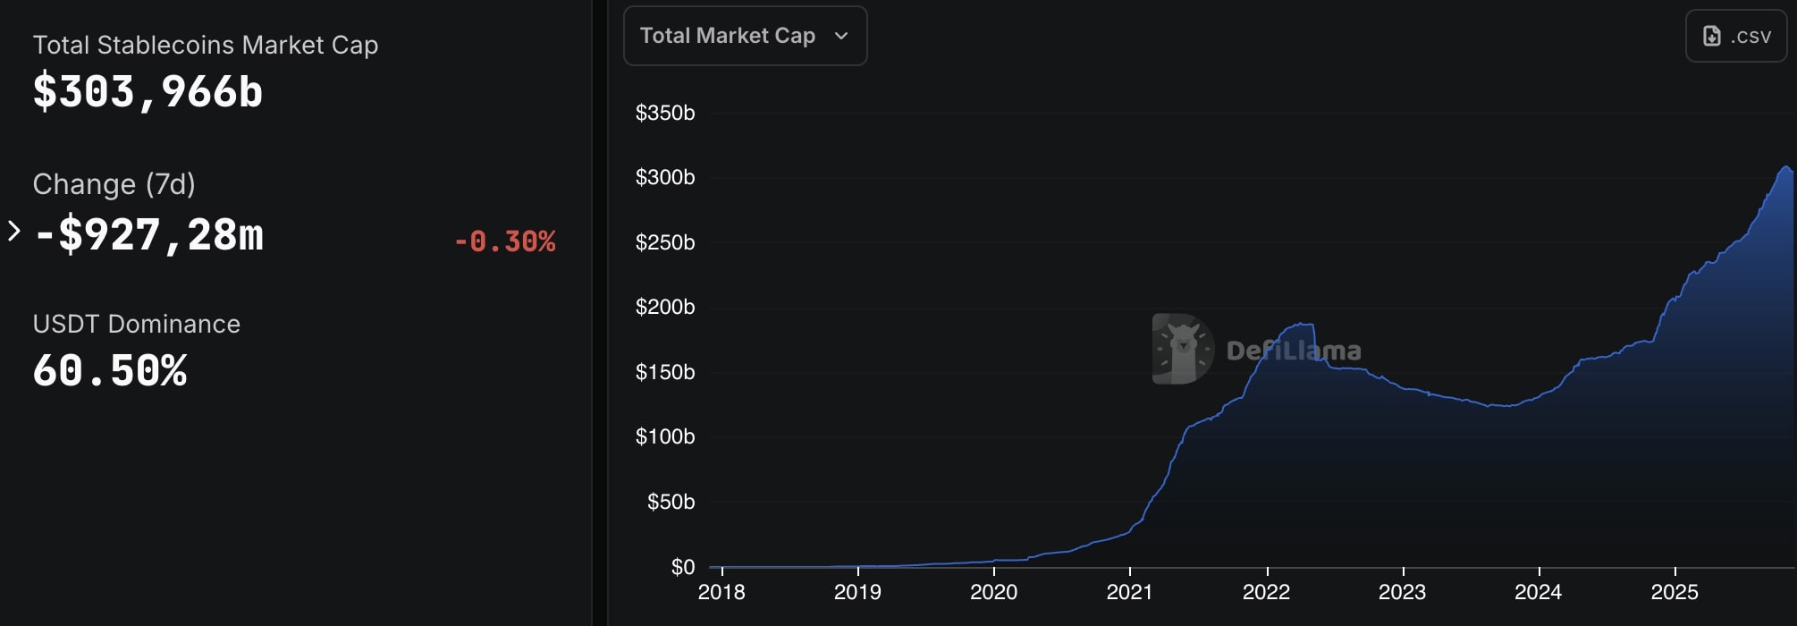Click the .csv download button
(1735, 36)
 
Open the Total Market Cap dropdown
(745, 36)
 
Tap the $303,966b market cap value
(148, 92)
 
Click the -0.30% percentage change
(505, 241)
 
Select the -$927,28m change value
(149, 235)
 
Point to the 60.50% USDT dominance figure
(110, 371)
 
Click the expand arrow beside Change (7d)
(14, 232)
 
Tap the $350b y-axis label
(664, 113)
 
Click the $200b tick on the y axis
(664, 307)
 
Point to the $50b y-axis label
(671, 502)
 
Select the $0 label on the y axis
(683, 567)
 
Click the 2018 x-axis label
(721, 592)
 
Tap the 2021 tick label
(1129, 592)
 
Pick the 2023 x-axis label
(1402, 592)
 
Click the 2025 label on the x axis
(1675, 592)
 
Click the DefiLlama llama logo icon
(1183, 349)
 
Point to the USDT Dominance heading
(137, 324)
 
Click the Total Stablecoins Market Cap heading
(206, 45)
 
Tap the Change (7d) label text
(114, 184)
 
